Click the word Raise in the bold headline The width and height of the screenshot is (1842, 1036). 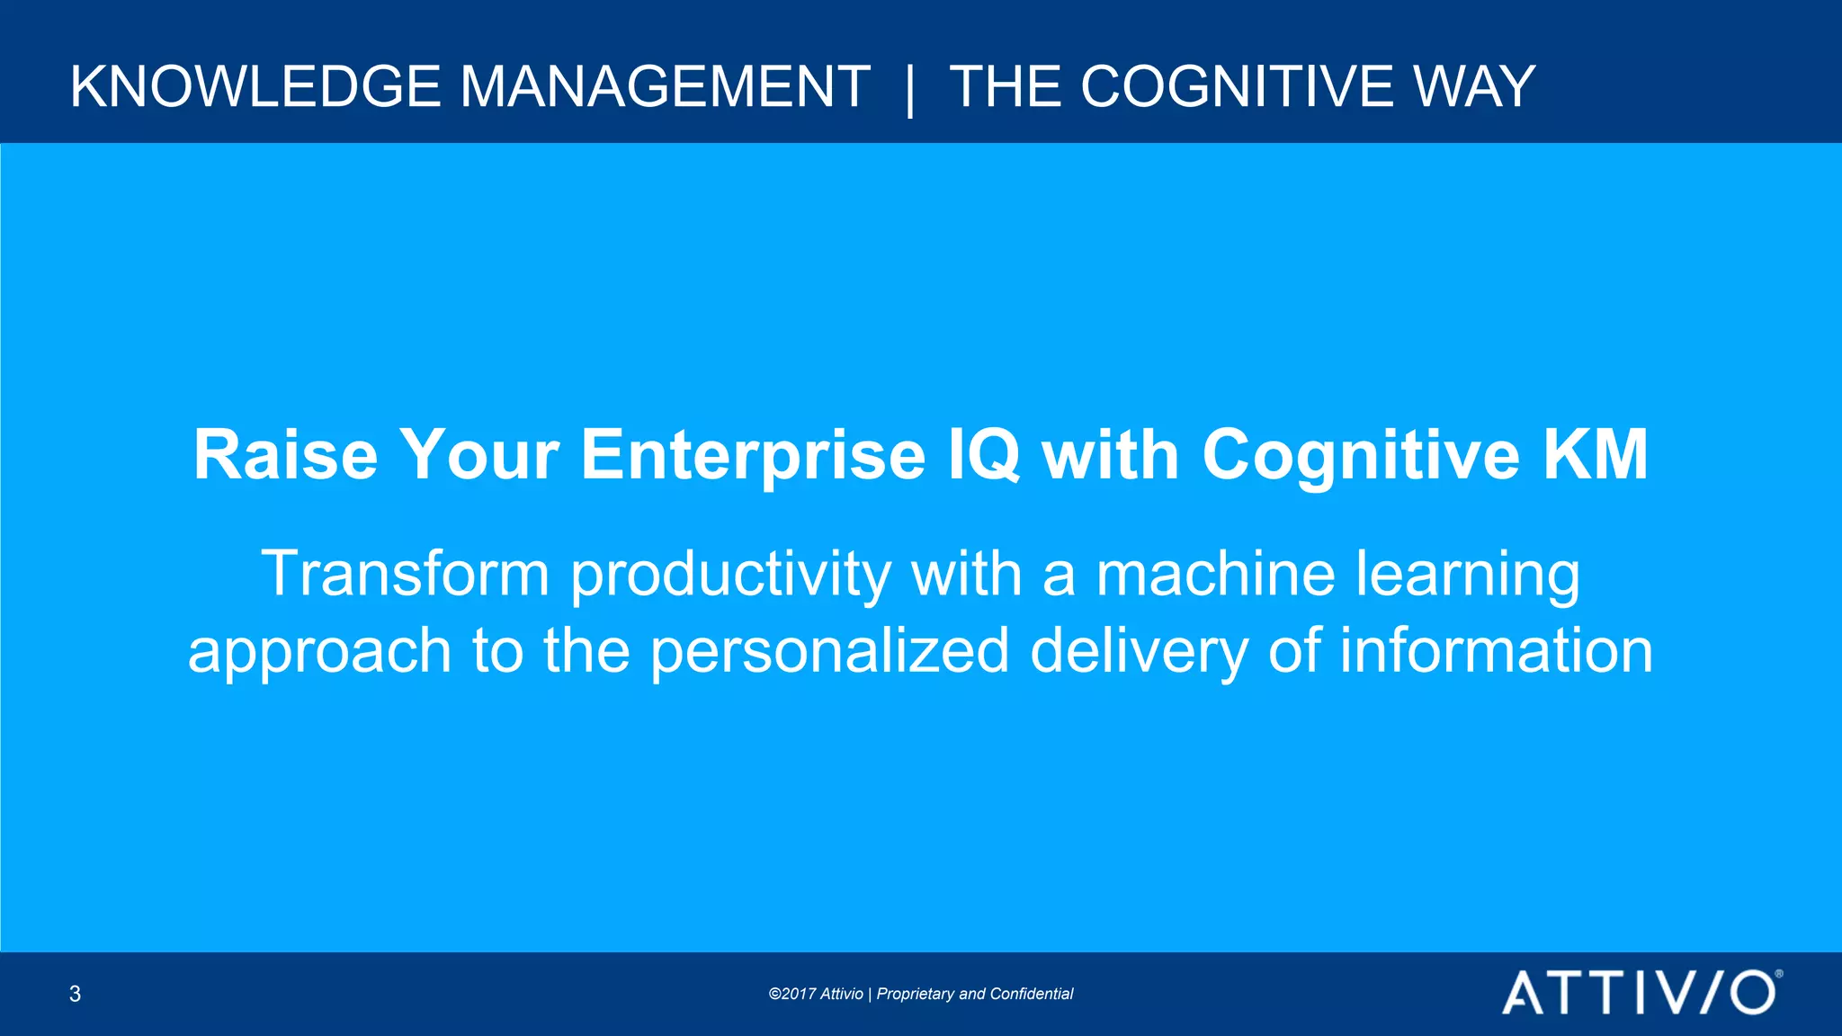[285, 455]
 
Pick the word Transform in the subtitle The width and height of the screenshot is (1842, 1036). [405, 574]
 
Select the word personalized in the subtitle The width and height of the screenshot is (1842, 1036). [829, 652]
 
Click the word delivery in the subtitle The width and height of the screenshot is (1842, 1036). [1139, 652]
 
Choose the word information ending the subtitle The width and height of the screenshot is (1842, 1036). [1496, 650]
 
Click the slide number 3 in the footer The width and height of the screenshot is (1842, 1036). [75, 994]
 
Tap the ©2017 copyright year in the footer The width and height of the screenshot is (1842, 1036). [791, 994]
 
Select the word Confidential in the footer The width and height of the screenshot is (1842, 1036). [1031, 994]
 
